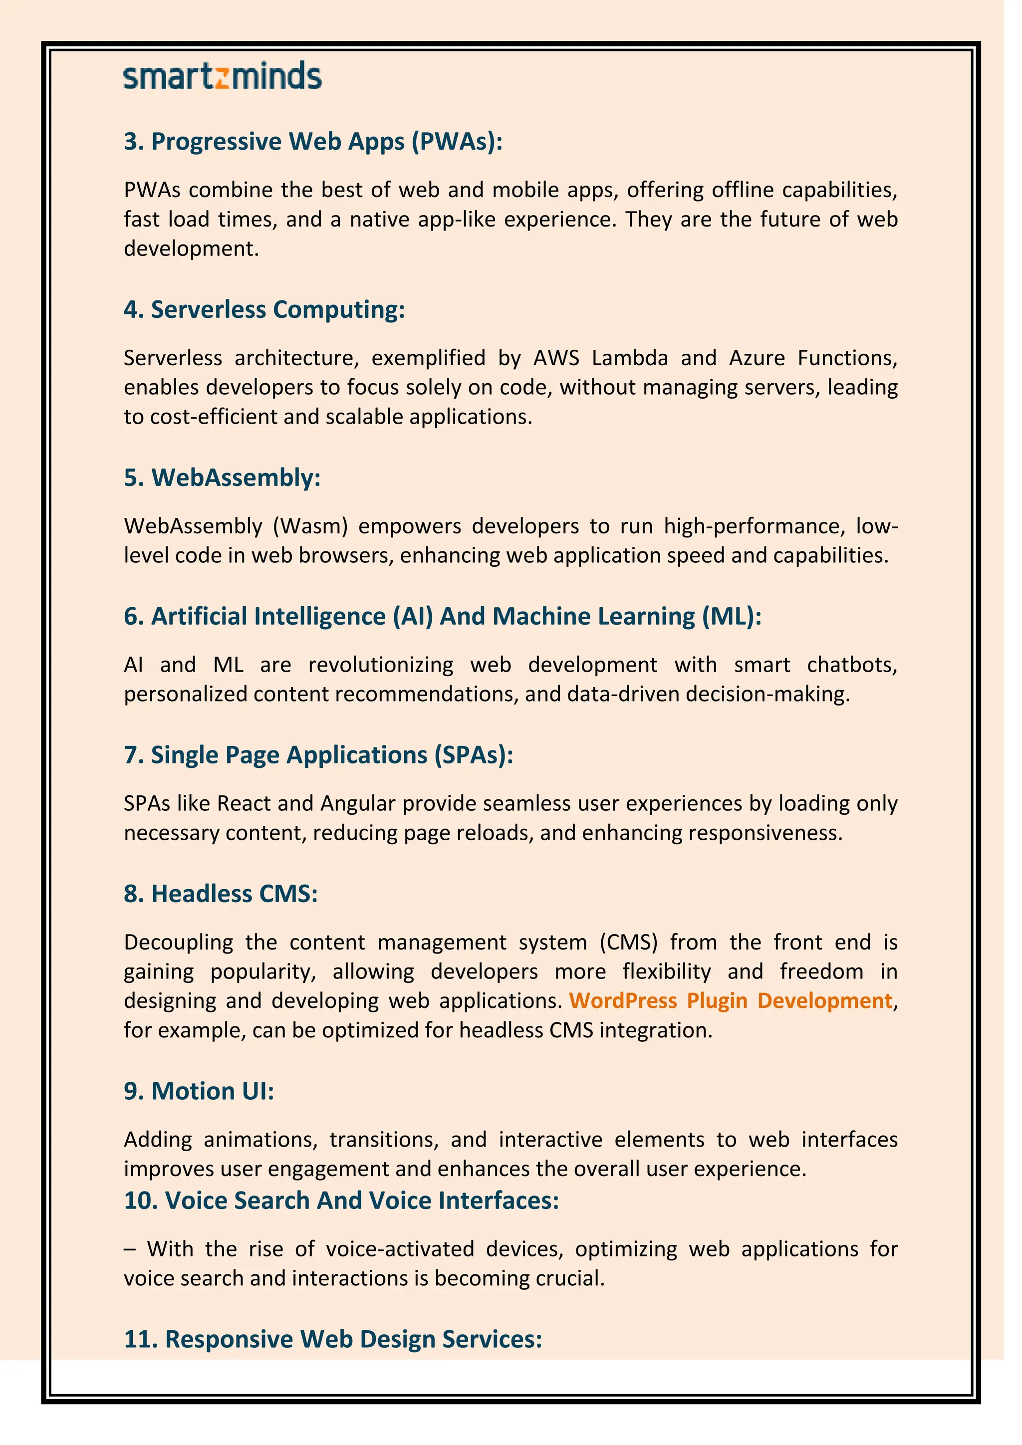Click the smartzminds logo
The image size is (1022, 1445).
(x=222, y=76)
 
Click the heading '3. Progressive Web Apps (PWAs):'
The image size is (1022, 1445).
(x=313, y=142)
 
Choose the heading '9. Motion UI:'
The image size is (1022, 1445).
(x=199, y=1091)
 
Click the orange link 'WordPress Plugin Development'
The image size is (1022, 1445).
(x=731, y=1001)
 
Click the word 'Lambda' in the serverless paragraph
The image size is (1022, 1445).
(x=629, y=358)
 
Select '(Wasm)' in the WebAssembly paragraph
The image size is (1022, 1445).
(x=310, y=526)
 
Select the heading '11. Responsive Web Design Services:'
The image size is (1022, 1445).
(x=333, y=1339)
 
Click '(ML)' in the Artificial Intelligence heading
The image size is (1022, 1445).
(x=732, y=617)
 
